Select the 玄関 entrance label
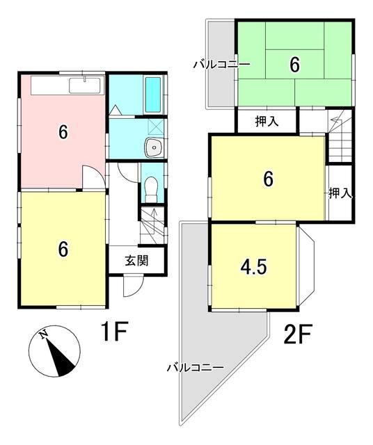point(136,261)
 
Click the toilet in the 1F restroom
point(151,187)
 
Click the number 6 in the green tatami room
point(294,65)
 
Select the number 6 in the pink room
point(63,132)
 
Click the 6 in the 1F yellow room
point(63,249)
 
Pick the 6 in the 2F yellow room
point(268,179)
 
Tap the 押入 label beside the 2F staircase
point(339,193)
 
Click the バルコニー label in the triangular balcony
point(195,366)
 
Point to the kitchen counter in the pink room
point(66,86)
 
